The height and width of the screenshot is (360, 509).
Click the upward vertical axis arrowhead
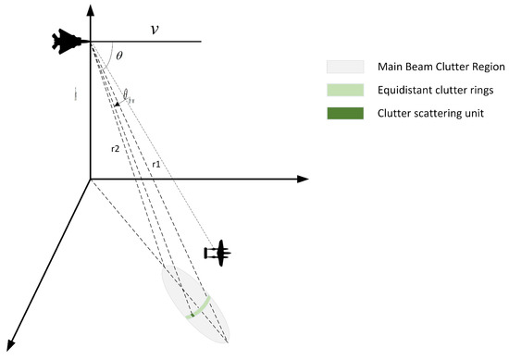(x=89, y=8)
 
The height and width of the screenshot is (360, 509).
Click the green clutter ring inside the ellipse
(x=199, y=306)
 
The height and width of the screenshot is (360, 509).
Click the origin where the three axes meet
(x=89, y=179)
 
